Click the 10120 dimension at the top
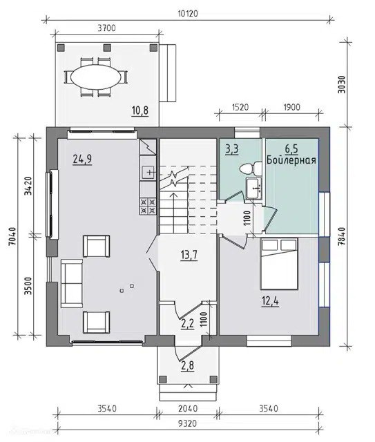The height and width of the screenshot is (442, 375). [x=188, y=13]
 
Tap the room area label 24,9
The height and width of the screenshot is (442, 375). [x=82, y=159]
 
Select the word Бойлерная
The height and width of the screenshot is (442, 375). [x=291, y=160]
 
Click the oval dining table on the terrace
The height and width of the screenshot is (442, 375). [x=96, y=77]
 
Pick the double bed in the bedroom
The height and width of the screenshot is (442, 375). [x=279, y=264]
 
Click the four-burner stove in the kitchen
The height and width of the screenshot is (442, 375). [x=148, y=206]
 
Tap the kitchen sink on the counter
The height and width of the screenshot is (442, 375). [x=148, y=172]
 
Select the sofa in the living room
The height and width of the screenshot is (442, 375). [x=72, y=283]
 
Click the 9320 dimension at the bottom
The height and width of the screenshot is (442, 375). [x=188, y=423]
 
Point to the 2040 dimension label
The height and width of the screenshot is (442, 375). [x=188, y=408]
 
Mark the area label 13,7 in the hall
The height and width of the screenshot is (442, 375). [x=189, y=255]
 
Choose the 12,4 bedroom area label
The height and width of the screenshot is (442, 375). [x=271, y=301]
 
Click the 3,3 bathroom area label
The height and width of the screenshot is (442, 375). [x=232, y=149]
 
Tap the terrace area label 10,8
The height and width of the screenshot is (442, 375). [x=140, y=110]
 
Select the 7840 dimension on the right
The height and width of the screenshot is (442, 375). [x=341, y=237]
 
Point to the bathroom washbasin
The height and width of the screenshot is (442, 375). [x=254, y=189]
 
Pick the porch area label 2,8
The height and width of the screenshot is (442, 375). [x=188, y=366]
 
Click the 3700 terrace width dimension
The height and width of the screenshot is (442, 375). [x=106, y=28]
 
